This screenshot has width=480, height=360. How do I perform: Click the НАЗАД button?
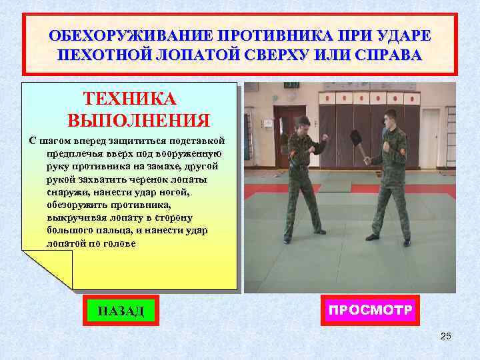pos(121,311)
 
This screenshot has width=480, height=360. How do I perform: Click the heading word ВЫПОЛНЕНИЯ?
pos(139,121)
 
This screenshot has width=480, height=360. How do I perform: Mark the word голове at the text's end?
pos(117,243)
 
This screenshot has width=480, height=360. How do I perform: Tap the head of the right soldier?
pos(391,117)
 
